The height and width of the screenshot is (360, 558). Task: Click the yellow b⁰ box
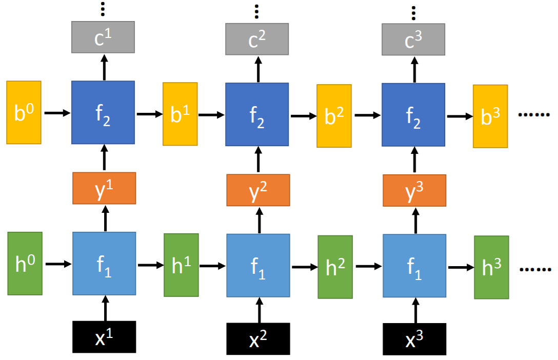point(24,112)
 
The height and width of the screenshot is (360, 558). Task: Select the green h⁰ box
point(25,264)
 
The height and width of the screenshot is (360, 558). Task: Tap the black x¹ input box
point(104,337)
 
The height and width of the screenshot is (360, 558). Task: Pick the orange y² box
point(258,190)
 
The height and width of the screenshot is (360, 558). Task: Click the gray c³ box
point(413,39)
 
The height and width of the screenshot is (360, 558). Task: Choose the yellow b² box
point(334,116)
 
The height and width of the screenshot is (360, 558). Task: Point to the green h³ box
point(491,267)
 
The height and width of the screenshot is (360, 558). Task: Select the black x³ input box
point(414,339)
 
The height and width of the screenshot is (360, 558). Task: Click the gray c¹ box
point(103,37)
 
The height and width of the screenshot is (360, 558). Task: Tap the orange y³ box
point(414,190)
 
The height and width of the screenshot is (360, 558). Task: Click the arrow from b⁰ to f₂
point(57,113)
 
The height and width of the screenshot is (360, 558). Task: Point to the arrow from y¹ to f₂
point(104,158)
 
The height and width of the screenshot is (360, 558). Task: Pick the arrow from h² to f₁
point(368,267)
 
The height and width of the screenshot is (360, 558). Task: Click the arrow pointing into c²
point(258,69)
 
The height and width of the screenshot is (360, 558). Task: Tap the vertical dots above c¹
point(103,9)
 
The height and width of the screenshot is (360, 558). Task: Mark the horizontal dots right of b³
point(534,114)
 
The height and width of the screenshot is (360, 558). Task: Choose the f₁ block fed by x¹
point(104,264)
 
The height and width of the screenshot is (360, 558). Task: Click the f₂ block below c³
point(413,114)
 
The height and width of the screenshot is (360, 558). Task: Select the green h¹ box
point(181,265)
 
